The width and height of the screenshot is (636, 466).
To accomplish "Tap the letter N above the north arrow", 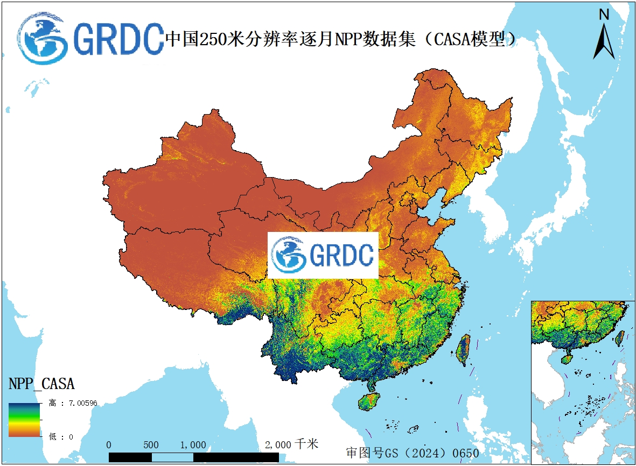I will [604, 15].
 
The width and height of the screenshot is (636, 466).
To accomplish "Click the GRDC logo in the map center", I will [323, 256].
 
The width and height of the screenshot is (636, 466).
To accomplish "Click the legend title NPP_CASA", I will [41, 384].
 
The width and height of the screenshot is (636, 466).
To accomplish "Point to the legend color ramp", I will [24, 419].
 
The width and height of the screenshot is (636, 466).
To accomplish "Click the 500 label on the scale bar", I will [151, 445].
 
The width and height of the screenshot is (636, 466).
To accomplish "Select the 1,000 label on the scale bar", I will [193, 445].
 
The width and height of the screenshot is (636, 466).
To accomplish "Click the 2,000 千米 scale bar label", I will [291, 444].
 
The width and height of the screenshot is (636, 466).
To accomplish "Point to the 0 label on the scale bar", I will [109, 445].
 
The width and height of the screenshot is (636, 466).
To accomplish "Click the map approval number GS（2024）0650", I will [412, 453].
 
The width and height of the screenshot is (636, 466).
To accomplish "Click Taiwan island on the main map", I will [463, 349].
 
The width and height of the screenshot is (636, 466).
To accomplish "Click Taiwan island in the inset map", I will [620, 337].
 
